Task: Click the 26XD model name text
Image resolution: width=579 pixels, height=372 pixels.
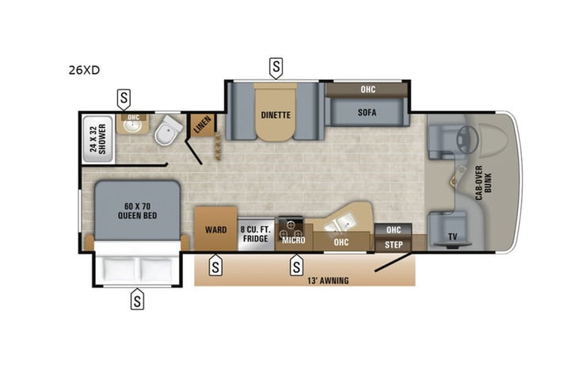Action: tap(83, 70)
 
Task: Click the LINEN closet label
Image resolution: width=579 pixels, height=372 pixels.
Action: tap(203, 125)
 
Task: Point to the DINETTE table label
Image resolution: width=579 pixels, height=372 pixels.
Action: tap(276, 114)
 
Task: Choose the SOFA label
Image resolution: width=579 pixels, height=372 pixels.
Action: tap(366, 113)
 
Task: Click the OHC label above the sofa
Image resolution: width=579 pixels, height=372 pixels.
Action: tap(368, 90)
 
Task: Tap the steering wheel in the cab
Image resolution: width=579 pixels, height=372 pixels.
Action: tap(467, 136)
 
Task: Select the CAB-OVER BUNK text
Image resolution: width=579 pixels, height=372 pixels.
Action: tap(481, 184)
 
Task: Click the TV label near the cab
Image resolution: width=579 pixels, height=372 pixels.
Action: tap(451, 236)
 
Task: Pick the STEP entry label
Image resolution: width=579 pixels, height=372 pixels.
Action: tap(394, 245)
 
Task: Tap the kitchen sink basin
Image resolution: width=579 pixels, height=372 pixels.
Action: tap(345, 219)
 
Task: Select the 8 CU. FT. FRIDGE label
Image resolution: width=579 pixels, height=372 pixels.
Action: tap(255, 234)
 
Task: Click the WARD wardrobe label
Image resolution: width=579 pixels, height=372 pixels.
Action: tap(215, 230)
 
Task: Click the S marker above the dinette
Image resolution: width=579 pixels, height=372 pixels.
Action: tap(276, 67)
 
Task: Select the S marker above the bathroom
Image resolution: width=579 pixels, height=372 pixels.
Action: tap(124, 99)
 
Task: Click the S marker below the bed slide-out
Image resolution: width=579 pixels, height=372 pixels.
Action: tap(137, 301)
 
